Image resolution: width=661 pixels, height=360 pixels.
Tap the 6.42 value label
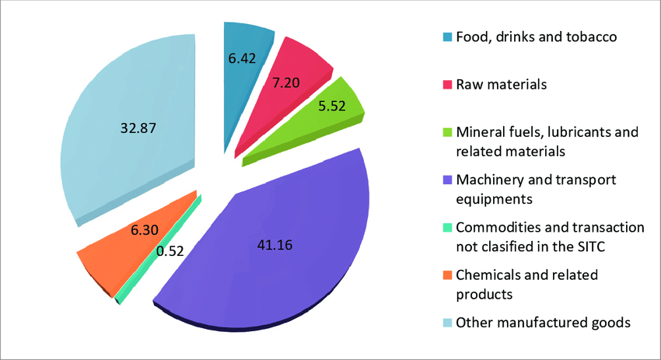click(243, 56)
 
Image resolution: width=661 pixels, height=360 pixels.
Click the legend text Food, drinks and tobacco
click(536, 37)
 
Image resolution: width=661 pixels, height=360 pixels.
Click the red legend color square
click(447, 84)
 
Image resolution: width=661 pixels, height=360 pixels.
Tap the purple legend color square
click(447, 180)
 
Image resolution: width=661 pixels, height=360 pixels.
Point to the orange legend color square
click(447, 274)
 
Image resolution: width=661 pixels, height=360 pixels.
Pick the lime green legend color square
click(447, 132)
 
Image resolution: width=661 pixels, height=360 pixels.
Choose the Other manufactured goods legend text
click(542, 321)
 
